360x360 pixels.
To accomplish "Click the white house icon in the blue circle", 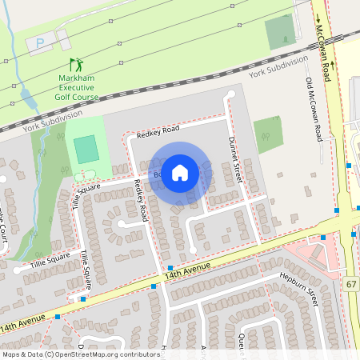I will point(180,172).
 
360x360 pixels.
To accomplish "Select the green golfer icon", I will point(77,64).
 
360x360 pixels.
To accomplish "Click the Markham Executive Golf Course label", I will point(78,87).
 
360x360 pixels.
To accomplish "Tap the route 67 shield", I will point(351,284).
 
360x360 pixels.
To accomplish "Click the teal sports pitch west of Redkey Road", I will point(86,149).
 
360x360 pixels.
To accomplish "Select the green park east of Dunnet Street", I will point(268,134).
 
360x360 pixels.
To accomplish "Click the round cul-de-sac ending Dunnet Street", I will point(231,95).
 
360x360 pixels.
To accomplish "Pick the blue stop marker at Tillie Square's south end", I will point(84,298).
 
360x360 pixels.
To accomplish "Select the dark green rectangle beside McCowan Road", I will point(280,32).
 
